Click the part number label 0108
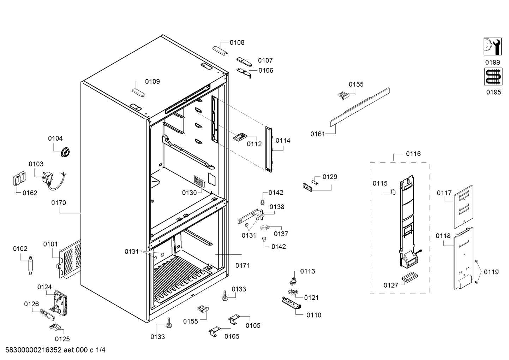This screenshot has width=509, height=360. (237, 42)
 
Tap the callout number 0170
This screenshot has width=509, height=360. (59, 203)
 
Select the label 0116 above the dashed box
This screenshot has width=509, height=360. (413, 154)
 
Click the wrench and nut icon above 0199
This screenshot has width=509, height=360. (492, 47)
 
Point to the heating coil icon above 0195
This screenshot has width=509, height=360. (493, 77)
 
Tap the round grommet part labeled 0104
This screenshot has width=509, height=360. (65, 152)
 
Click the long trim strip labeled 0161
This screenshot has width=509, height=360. (360, 107)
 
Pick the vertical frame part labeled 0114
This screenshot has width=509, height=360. (269, 150)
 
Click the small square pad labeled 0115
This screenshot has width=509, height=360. (393, 192)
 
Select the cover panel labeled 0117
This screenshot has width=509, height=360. (463, 206)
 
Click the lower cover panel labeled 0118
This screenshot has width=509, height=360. (463, 258)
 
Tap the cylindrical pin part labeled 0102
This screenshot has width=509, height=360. (30, 265)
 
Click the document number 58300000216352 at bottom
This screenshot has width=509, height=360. (34, 350)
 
